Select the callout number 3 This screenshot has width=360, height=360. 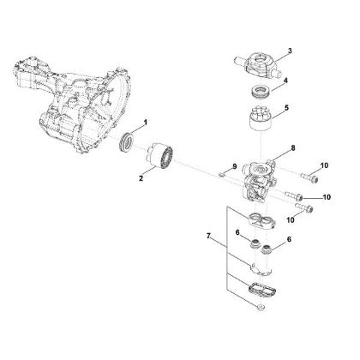coord(289,51)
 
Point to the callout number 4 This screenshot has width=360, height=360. coord(286,82)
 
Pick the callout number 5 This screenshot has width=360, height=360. coord(286,108)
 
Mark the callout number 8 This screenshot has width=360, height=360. coord(292,147)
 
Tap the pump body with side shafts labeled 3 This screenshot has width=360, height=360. coord(256,63)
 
